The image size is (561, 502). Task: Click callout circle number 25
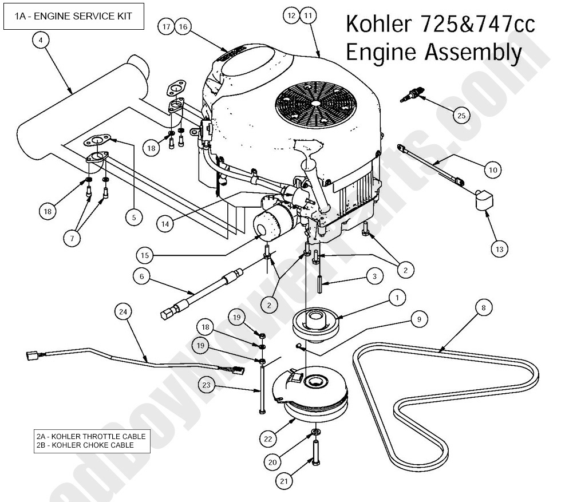pyautogui.click(x=461, y=116)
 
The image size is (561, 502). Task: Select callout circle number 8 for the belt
pyautogui.click(x=483, y=308)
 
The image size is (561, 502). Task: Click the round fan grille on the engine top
pyautogui.click(x=315, y=103)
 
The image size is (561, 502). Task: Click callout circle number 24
pyautogui.click(x=123, y=312)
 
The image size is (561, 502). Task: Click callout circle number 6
pyautogui.click(x=141, y=276)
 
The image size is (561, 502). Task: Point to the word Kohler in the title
pyautogui.click(x=377, y=26)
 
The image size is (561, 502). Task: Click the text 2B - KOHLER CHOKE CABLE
pyautogui.click(x=84, y=445)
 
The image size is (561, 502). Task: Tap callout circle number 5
pyautogui.click(x=134, y=218)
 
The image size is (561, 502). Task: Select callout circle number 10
pyautogui.click(x=493, y=170)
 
